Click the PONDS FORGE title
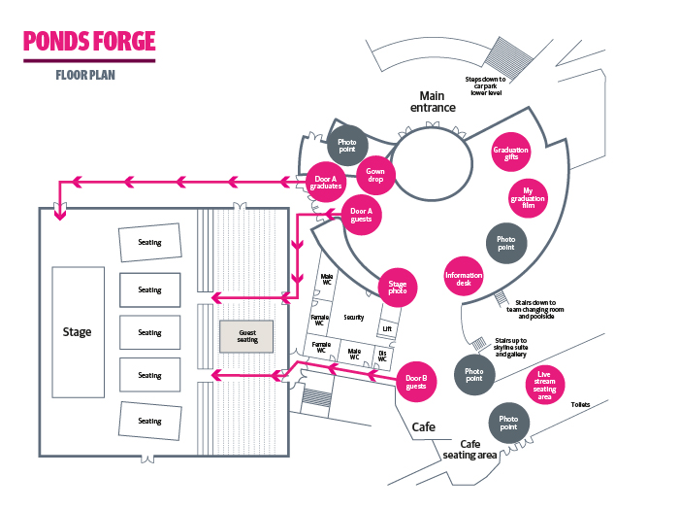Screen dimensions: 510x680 click(88, 42)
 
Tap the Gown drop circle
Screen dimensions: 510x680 click(375, 177)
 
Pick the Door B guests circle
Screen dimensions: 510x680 click(417, 382)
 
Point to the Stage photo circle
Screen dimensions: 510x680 click(397, 288)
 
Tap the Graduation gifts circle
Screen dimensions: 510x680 click(510, 153)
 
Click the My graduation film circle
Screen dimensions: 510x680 click(529, 196)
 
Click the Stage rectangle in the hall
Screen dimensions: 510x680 click(77, 332)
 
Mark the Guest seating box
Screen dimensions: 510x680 click(247, 336)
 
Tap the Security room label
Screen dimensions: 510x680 click(353, 317)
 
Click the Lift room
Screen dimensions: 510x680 click(388, 329)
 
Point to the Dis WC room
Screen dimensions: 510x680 click(382, 355)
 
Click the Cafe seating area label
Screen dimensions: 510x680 click(470, 449)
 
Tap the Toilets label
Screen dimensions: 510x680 click(580, 404)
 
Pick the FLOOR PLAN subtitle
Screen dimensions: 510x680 click(85, 75)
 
